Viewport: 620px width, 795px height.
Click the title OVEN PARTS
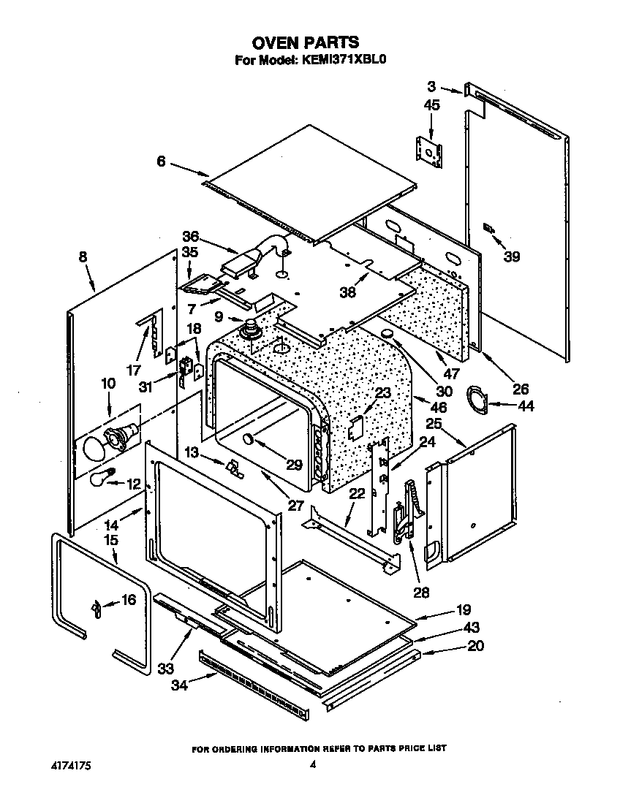click(x=306, y=43)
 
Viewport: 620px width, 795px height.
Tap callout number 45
click(x=431, y=105)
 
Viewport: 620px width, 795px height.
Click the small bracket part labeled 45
click(x=429, y=153)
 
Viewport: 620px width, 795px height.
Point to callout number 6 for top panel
click(x=161, y=161)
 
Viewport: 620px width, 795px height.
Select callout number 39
click(x=511, y=256)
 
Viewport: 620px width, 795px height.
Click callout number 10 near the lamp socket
click(x=107, y=383)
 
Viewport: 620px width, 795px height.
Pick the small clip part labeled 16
click(x=95, y=606)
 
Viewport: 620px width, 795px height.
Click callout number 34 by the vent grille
click(x=180, y=685)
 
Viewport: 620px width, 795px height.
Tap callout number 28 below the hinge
click(x=421, y=592)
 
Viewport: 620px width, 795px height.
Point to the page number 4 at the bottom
click(x=312, y=764)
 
